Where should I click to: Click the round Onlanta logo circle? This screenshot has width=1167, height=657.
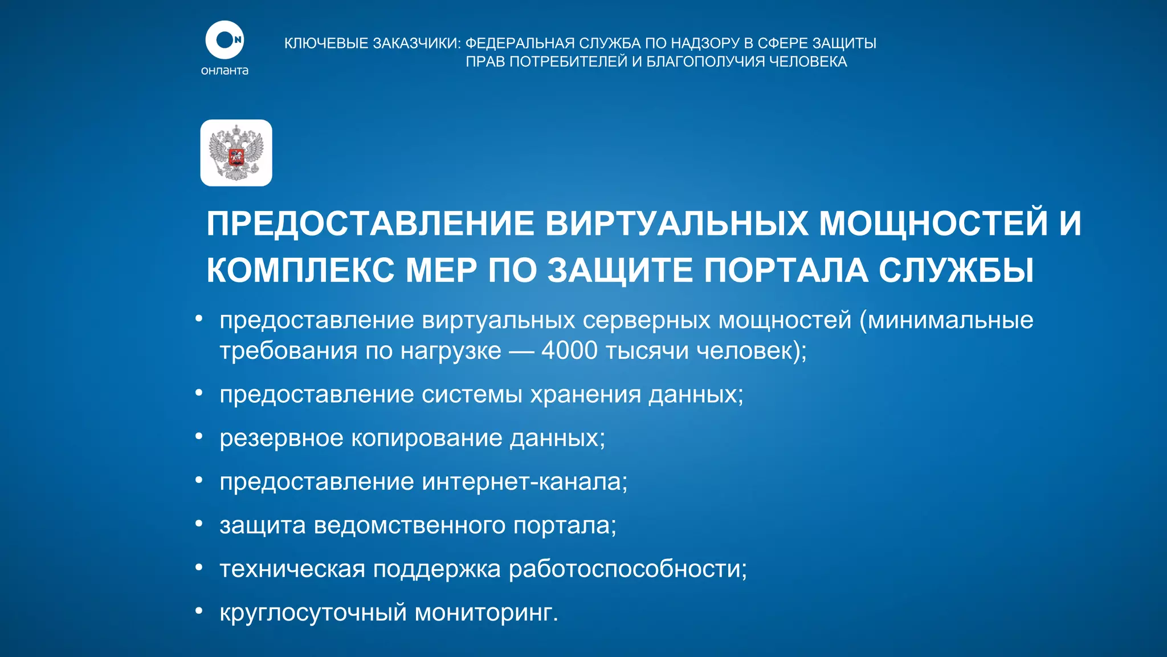[225, 40]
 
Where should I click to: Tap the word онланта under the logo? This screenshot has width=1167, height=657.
[225, 71]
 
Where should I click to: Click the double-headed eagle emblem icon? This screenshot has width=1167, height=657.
[236, 153]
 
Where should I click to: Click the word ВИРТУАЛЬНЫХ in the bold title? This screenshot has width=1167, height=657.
[676, 223]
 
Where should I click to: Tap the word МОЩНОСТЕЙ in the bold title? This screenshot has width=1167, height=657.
[933, 223]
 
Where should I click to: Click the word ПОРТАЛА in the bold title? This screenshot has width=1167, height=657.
[786, 270]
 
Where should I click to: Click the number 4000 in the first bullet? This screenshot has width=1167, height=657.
[569, 350]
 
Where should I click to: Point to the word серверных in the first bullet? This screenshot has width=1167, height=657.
[646, 321]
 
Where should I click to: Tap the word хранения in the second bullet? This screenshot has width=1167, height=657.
[585, 395]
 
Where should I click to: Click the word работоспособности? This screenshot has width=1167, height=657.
[627, 569]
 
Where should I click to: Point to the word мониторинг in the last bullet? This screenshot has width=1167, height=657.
[486, 613]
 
